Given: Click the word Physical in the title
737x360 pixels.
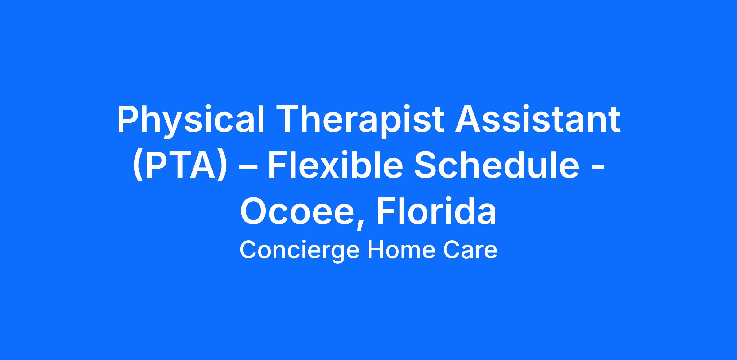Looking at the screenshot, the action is (x=190, y=120).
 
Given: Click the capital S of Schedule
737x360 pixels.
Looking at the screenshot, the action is (x=426, y=165).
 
